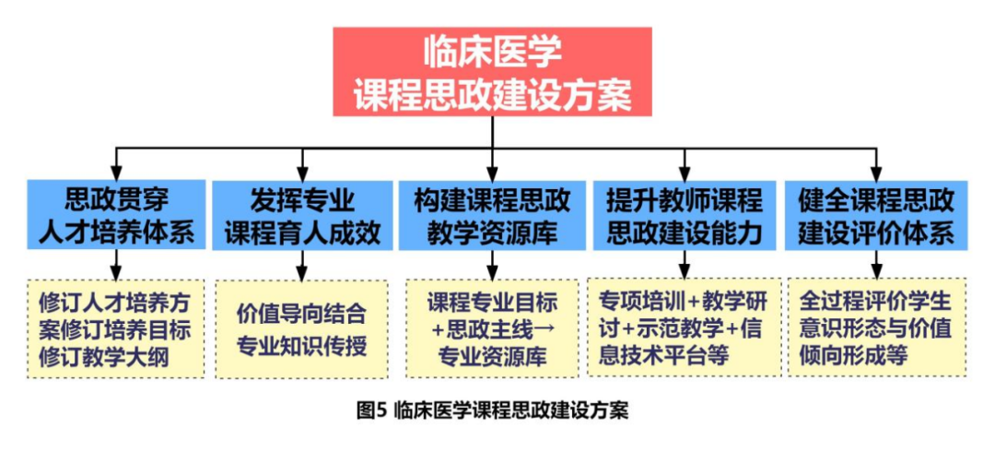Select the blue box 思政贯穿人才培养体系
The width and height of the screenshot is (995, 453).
116,216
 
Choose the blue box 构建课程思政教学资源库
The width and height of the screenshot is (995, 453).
493,216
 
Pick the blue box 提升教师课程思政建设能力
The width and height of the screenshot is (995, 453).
684,216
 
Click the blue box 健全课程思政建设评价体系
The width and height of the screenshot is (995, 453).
876,216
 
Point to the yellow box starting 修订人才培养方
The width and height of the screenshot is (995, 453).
116,329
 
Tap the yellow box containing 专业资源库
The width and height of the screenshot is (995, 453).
493,329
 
